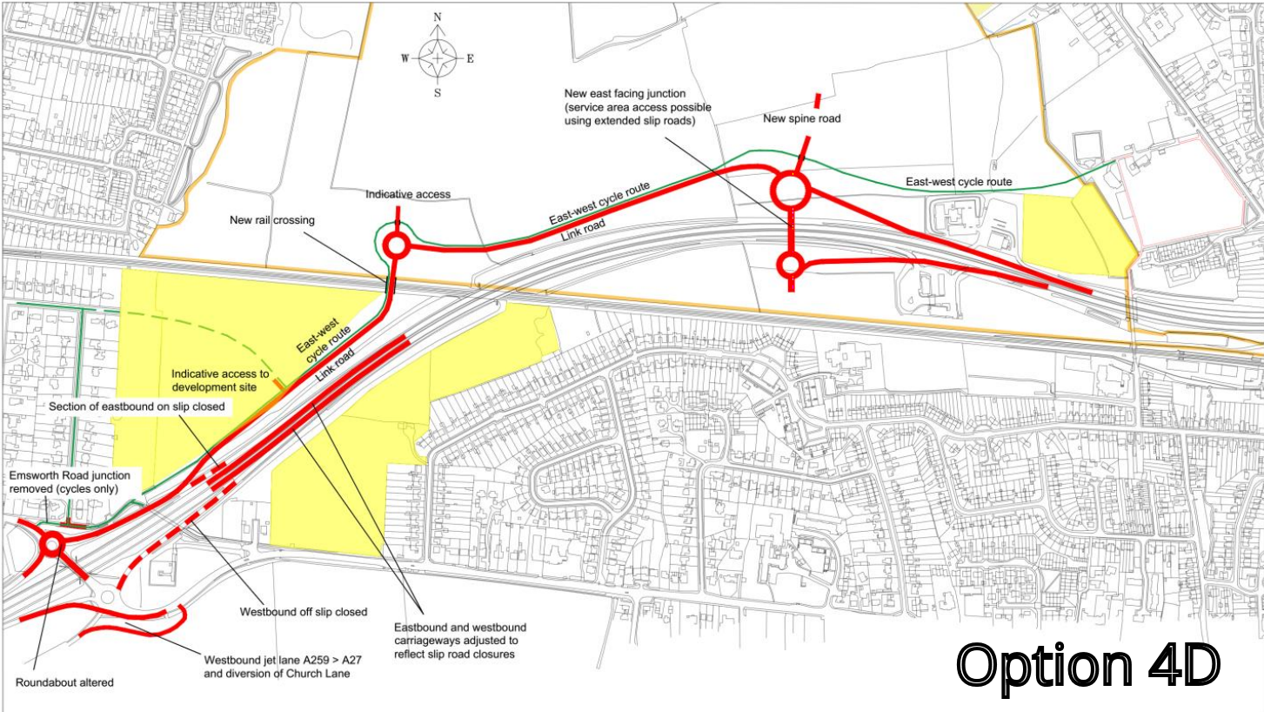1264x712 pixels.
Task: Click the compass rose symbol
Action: point(437,59)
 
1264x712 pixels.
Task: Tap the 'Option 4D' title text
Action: point(1089,666)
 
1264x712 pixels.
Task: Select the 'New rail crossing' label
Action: point(272,220)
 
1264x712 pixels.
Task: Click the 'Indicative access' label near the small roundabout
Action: point(407,193)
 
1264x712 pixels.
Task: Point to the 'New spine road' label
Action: point(801,118)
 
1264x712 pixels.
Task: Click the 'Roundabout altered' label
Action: point(64,682)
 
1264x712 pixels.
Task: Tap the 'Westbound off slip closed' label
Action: point(303,612)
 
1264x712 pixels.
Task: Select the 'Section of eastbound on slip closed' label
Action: point(137,406)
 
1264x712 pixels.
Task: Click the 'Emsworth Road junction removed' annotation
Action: point(70,482)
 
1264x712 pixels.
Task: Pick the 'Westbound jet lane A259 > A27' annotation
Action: point(282,667)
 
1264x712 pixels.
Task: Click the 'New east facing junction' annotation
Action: point(637,107)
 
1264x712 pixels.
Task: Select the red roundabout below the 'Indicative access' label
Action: point(397,246)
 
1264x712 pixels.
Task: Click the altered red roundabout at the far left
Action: point(51,546)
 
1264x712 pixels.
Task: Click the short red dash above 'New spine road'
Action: point(816,100)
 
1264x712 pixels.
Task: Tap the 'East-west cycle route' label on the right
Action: point(959,182)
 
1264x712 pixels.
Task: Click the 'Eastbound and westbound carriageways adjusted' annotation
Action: point(459,640)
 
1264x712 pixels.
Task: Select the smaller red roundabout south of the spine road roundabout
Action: point(790,264)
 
